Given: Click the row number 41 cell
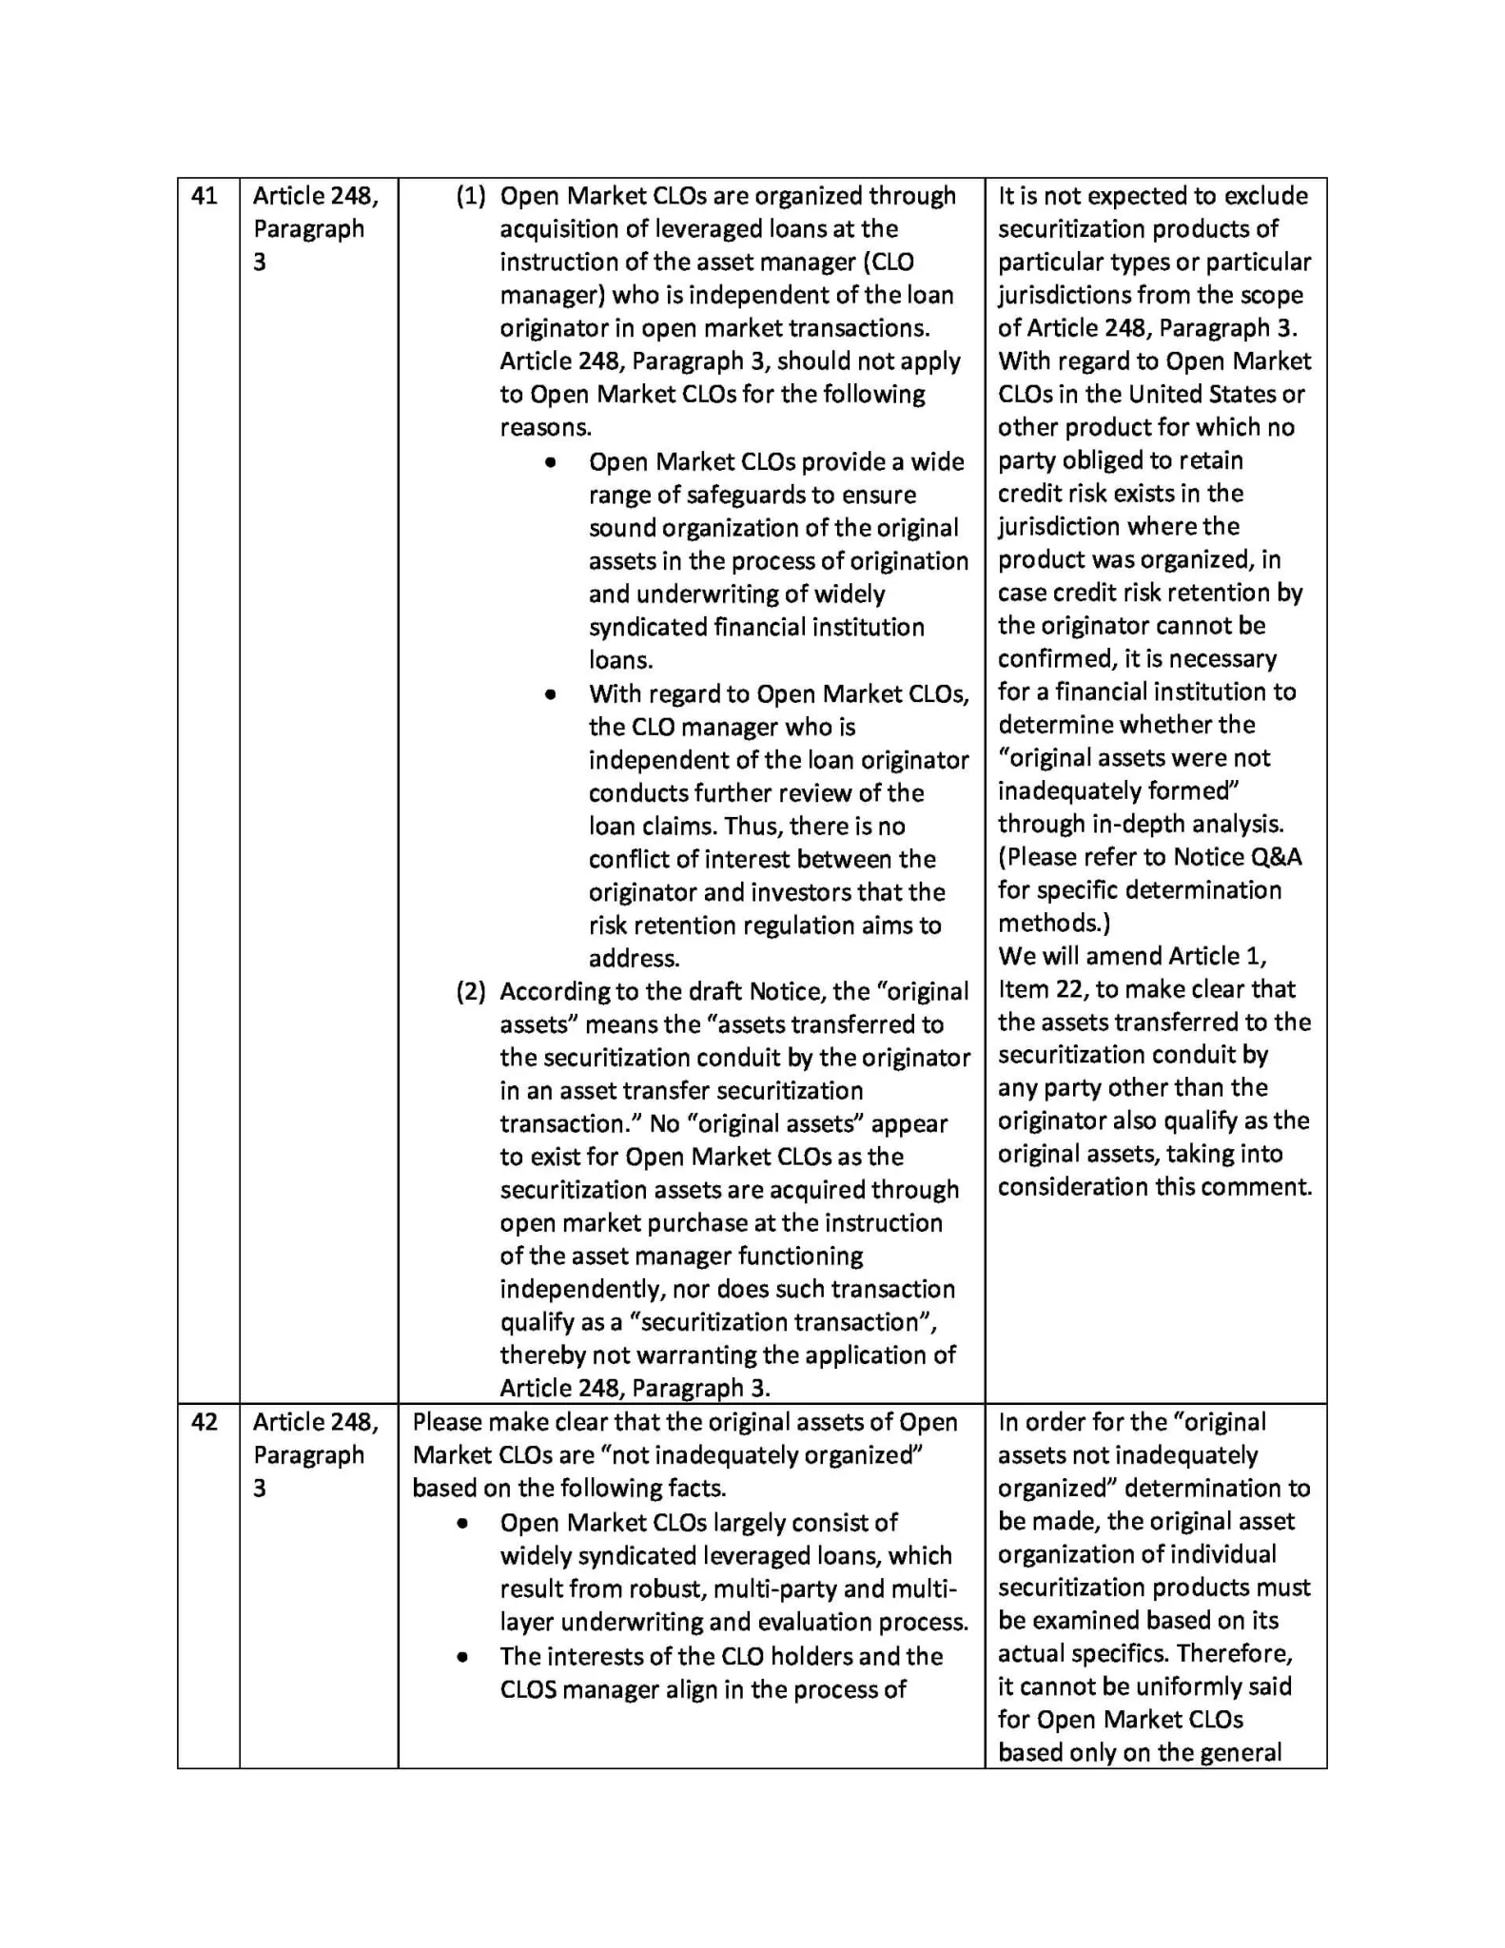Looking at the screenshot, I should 205,196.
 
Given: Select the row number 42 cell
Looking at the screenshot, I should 205,1422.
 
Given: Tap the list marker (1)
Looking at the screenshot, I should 471,196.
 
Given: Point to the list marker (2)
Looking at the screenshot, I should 471,991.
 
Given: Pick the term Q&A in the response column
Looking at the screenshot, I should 1276,857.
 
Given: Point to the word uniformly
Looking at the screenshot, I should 1174,1686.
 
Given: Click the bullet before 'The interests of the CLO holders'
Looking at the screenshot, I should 462,1656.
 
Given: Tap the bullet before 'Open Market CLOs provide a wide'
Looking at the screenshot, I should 551,462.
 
